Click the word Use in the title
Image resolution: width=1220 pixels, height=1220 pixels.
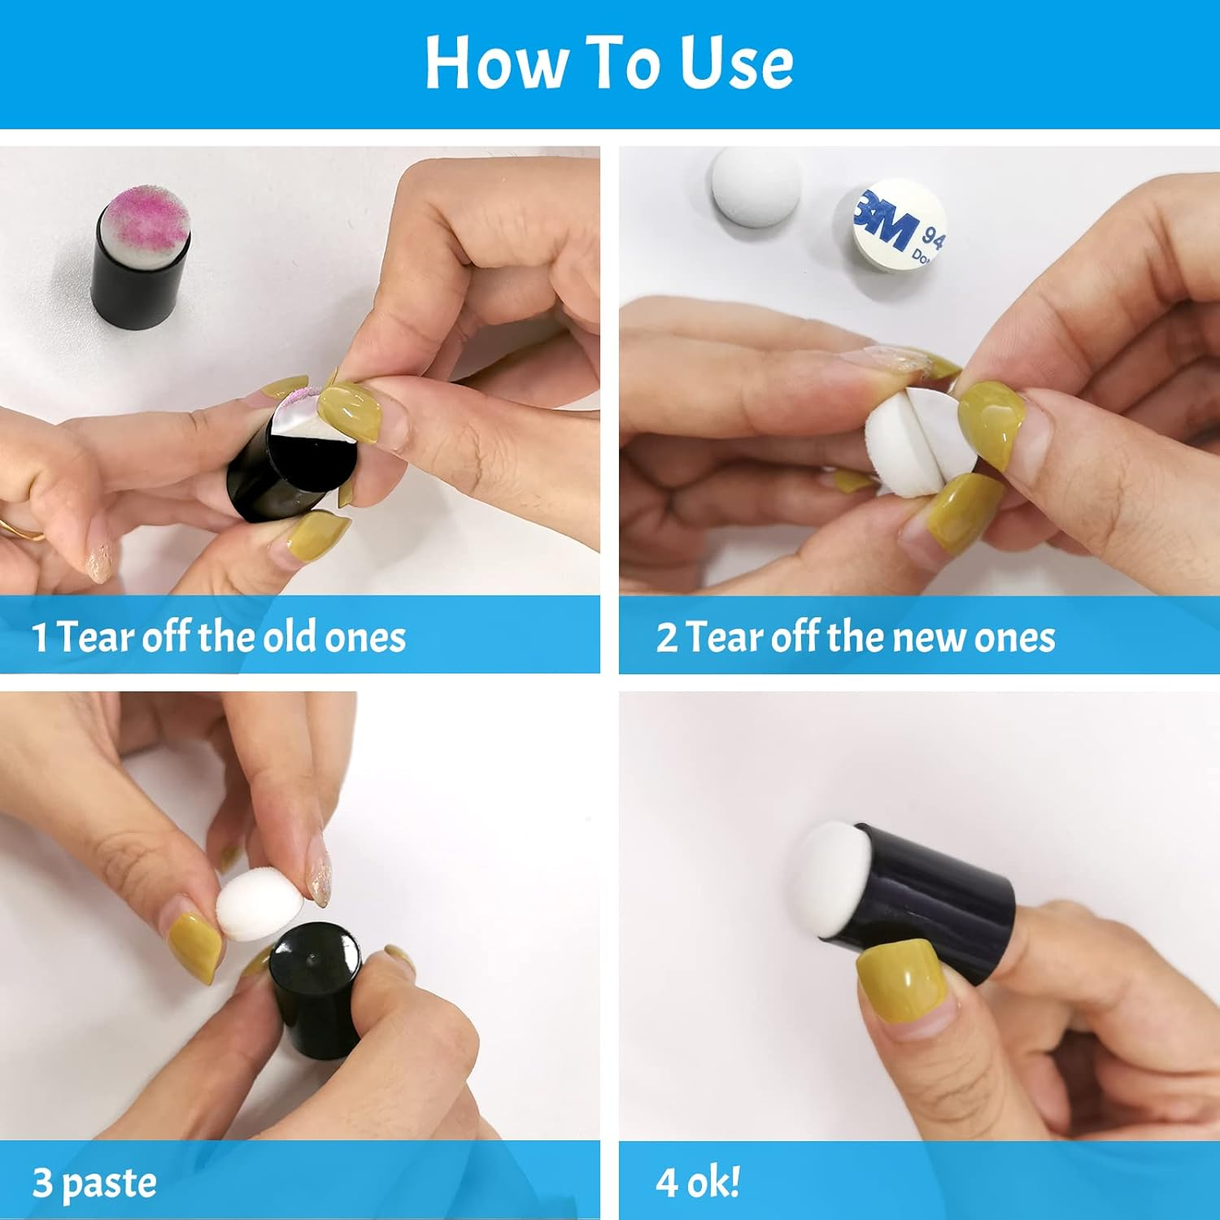point(737,63)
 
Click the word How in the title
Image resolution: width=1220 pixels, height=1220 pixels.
point(495,63)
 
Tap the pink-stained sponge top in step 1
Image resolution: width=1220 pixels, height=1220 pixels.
point(149,216)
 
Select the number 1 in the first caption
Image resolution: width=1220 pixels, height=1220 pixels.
point(39,638)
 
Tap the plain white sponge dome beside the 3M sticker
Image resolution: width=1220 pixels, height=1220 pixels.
point(755,184)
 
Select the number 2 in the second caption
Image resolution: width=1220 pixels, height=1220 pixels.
point(667,638)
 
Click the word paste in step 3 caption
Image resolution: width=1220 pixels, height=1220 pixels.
point(109,1185)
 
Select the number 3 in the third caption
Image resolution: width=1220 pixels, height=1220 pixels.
point(41,1183)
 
